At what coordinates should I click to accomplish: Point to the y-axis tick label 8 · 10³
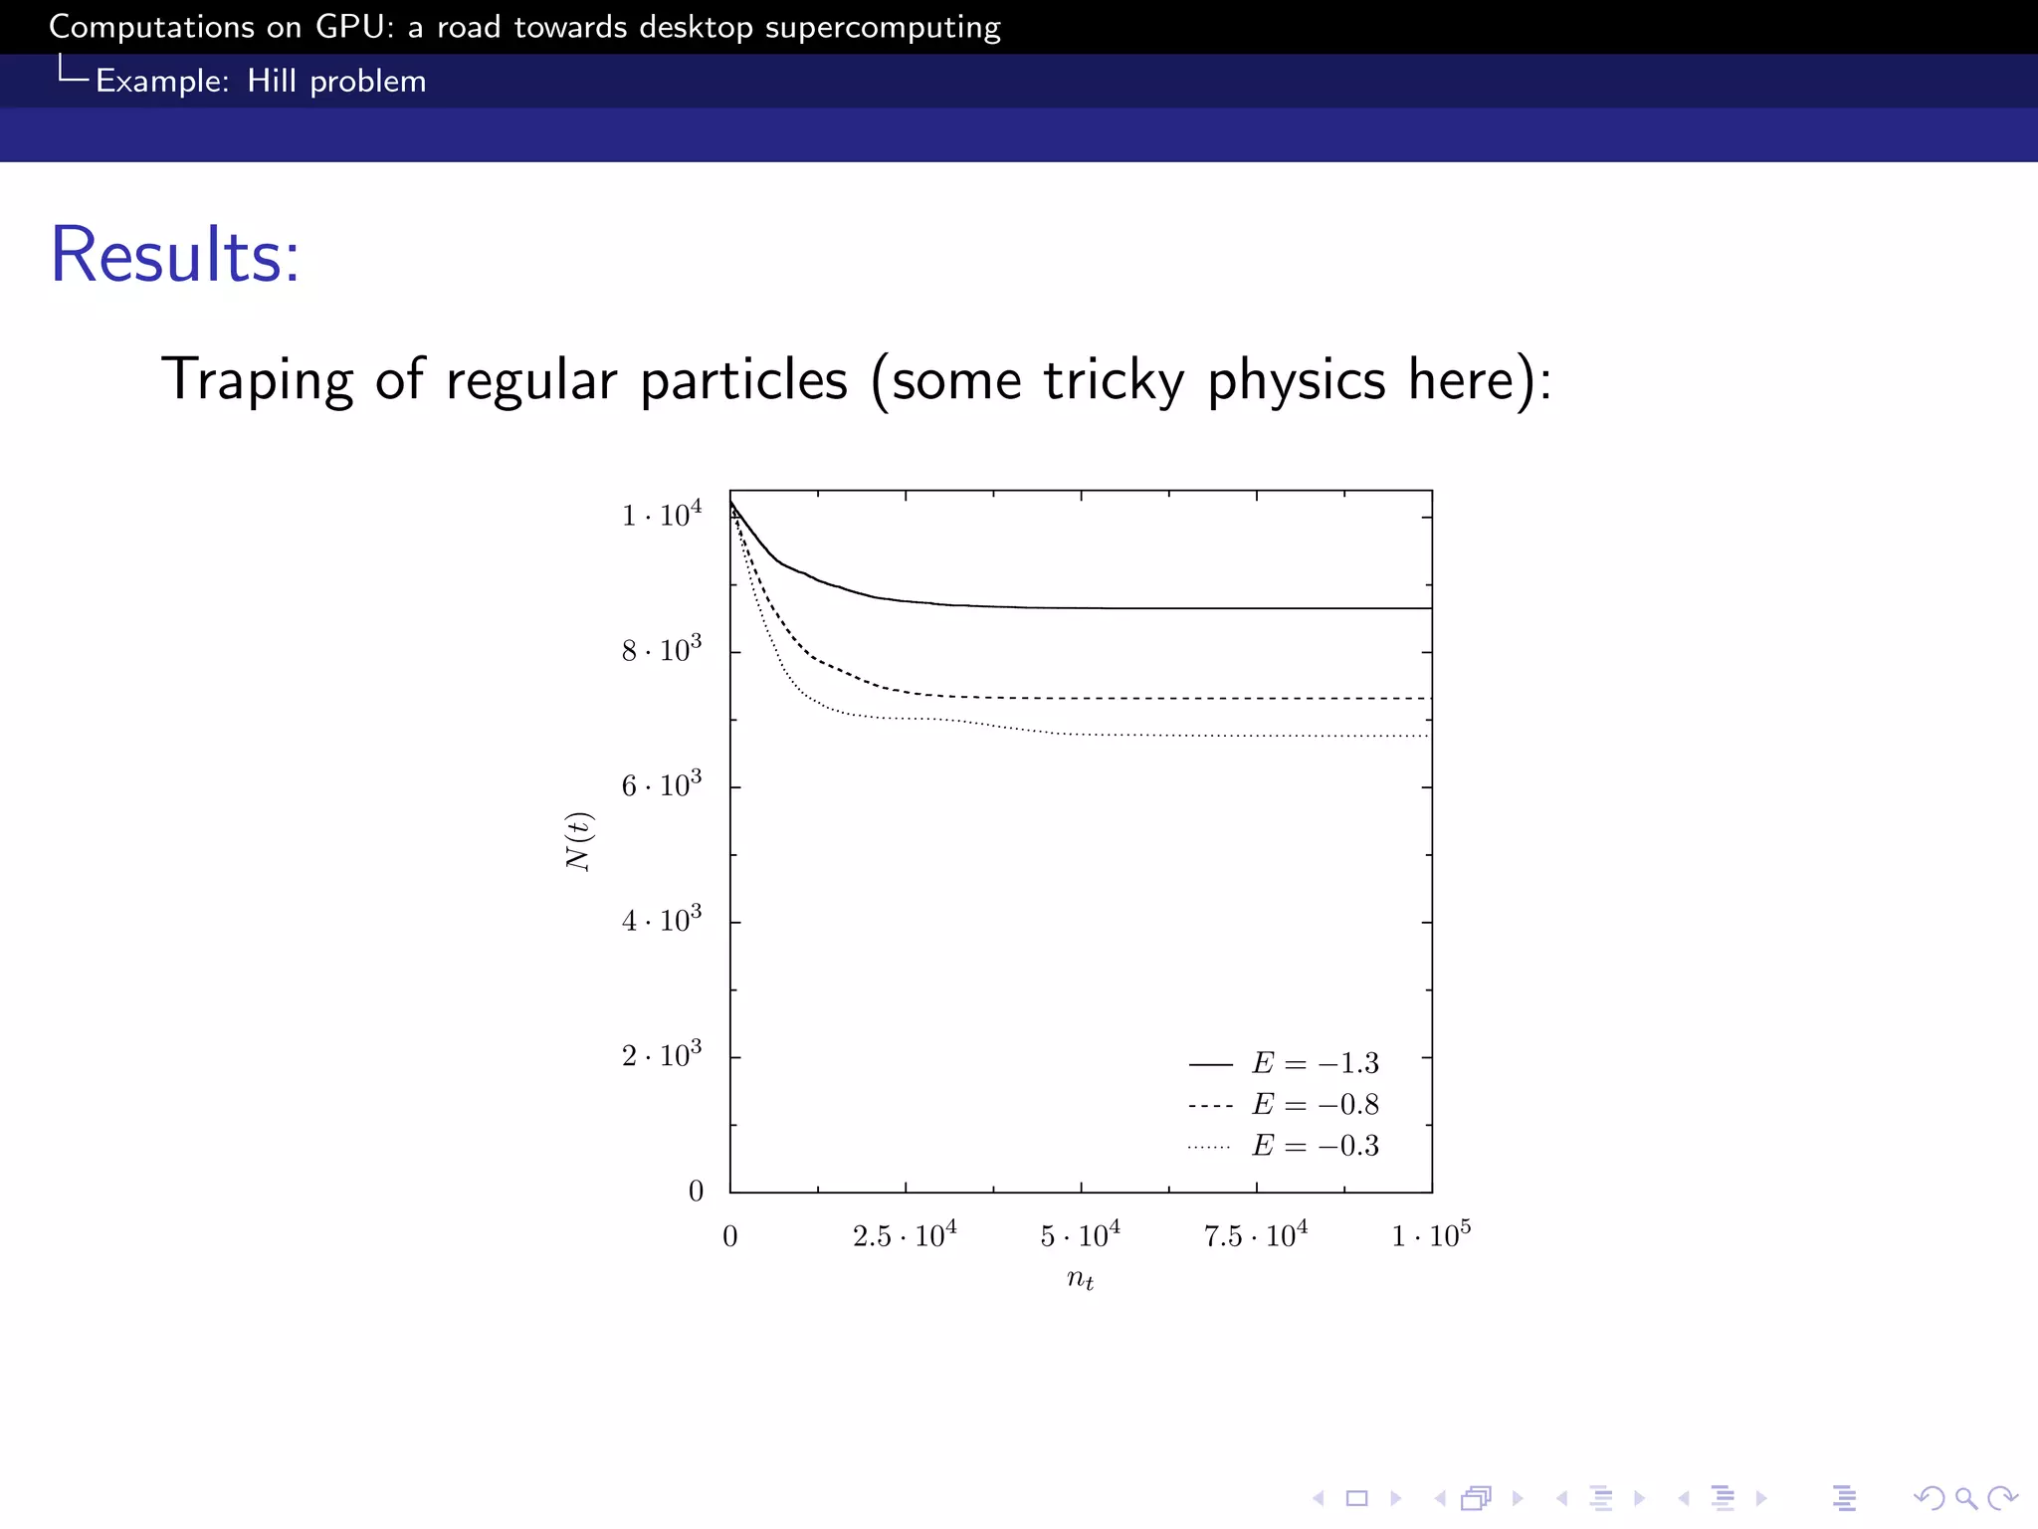662,650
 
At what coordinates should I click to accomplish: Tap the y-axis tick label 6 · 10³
662,785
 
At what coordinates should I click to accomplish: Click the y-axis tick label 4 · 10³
662,920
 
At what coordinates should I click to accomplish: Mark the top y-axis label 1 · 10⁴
662,515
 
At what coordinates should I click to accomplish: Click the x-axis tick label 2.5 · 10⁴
905,1235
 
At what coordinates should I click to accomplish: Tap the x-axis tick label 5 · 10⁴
1081,1235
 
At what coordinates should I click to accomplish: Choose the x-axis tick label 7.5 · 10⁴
1256,1235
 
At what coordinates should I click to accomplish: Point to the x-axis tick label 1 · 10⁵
1431,1235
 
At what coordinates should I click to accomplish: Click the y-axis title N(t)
579,841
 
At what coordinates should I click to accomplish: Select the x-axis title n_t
1081,1279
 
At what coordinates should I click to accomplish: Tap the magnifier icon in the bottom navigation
1965,1498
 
